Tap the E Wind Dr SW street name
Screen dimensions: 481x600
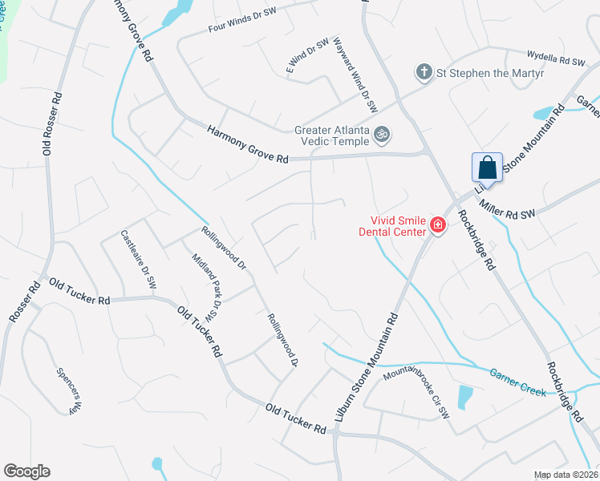(308, 57)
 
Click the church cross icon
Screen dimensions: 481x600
(424, 73)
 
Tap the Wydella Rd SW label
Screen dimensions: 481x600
(556, 59)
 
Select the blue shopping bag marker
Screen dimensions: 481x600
(487, 168)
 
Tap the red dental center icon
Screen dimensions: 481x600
(438, 224)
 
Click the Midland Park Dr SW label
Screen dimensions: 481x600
(207, 285)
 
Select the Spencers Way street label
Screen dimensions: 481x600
(70, 390)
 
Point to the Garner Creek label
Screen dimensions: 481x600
(518, 382)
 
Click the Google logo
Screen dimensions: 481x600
(26, 471)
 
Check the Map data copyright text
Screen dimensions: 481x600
(566, 475)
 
